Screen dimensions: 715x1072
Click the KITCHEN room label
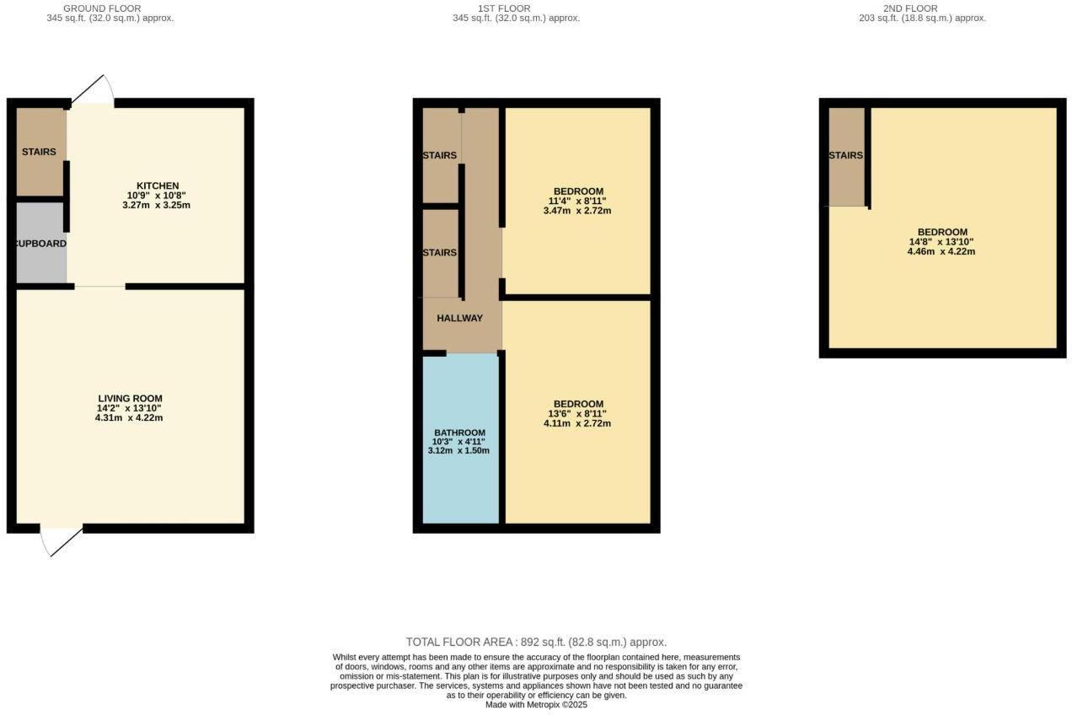[158, 185]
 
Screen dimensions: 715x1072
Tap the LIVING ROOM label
[130, 399]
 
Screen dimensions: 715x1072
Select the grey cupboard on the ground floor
[41, 244]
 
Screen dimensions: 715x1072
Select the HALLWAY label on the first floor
[459, 318]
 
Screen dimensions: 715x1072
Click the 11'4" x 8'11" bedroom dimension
[577, 201]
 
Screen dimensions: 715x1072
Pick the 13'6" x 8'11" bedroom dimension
[577, 413]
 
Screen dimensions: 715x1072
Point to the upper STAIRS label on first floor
[440, 155]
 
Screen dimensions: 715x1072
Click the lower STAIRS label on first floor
[440, 253]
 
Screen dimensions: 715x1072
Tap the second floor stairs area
[846, 156]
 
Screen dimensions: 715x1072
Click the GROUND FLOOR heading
[102, 8]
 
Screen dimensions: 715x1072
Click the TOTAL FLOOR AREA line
[536, 642]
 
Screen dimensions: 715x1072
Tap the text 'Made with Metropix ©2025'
[536, 705]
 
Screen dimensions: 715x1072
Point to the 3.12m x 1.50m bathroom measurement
[458, 450]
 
